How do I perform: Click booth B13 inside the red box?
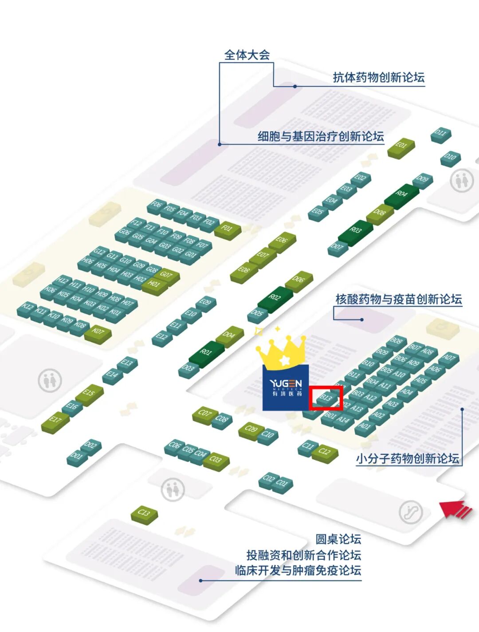coord(326,398)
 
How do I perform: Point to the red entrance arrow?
coord(456,509)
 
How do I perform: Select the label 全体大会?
coord(247,55)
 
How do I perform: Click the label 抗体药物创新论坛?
coord(378,77)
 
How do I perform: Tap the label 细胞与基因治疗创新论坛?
coord(321,136)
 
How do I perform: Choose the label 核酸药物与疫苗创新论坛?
coord(398,299)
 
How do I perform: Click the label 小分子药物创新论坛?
coord(407,458)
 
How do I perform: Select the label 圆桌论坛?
coord(338,539)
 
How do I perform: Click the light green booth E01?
coord(401,146)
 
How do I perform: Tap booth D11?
coord(440,134)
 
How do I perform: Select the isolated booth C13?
coord(144,514)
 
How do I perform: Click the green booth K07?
coord(98,332)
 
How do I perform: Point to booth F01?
coord(227,229)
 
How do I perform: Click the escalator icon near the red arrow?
coord(411,512)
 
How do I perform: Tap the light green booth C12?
coord(325,453)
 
